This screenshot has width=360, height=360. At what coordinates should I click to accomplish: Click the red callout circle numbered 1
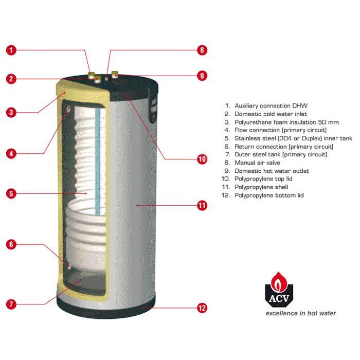(x=11, y=50)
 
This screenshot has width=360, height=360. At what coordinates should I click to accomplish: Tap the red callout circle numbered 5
(x=11, y=193)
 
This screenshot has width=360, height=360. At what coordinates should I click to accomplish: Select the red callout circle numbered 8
(x=202, y=50)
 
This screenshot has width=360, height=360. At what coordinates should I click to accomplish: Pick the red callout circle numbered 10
(x=202, y=159)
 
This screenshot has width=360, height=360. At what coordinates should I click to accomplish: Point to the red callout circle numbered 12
(x=202, y=308)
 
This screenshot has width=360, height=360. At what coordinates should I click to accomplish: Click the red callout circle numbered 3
(x=11, y=113)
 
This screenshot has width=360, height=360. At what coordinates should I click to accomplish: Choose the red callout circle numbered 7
(x=11, y=304)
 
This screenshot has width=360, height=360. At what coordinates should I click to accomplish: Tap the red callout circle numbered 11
(x=202, y=206)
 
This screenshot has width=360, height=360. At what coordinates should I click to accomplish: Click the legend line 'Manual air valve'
(x=253, y=163)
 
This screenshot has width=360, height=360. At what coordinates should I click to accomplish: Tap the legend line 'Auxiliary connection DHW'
(x=266, y=106)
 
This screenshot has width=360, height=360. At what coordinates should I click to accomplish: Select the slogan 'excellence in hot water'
(x=301, y=313)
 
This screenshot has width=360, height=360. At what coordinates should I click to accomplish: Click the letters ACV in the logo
(x=279, y=298)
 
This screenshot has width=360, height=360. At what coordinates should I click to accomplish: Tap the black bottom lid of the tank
(x=106, y=309)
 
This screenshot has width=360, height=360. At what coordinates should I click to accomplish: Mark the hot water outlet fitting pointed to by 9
(x=115, y=75)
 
